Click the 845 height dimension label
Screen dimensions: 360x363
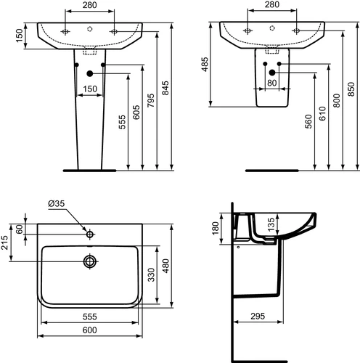165,88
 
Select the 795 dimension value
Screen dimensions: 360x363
151,101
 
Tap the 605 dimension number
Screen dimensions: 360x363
136,113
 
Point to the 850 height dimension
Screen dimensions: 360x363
351,89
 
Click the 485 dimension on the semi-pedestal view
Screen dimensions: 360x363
205,65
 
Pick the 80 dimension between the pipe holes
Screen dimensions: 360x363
272,83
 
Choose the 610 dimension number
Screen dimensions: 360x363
322,113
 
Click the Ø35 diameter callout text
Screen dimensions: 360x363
57,203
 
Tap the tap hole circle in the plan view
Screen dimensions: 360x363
90,234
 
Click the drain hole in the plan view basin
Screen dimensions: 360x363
90,261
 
